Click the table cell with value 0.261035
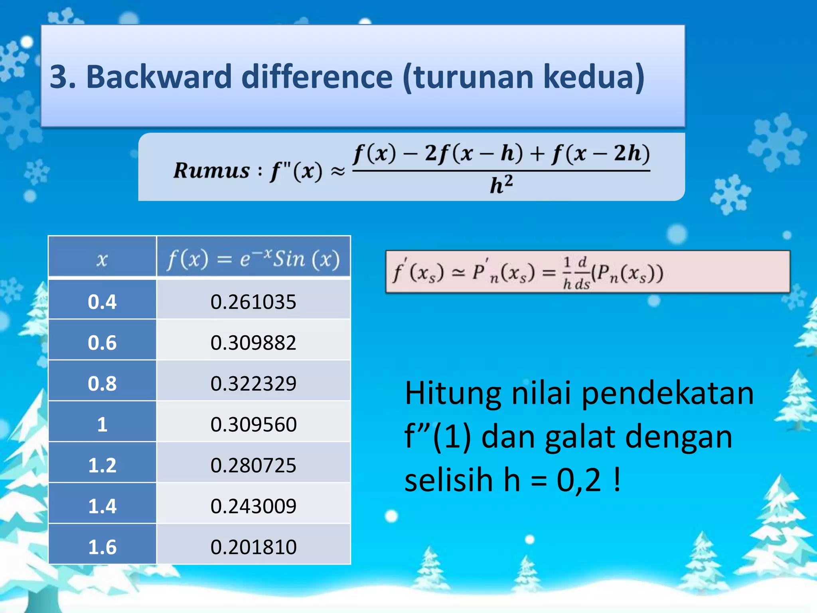point(253,302)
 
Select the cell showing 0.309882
point(253,343)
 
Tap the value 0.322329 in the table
point(253,384)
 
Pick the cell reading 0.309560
point(253,424)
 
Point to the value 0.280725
point(253,465)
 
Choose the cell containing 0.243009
point(253,506)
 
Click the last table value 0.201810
point(253,547)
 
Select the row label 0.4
point(102,302)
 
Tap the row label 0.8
point(102,384)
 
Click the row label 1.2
point(102,465)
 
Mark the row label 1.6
point(102,547)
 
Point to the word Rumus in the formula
point(211,170)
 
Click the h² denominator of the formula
point(501,185)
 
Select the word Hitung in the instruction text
point(453,394)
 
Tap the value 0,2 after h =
point(578,481)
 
